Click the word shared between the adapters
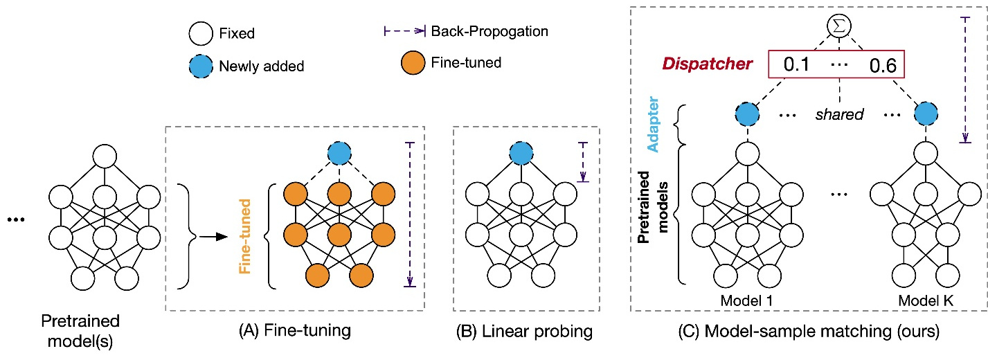(839, 115)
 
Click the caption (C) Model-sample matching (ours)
(807, 332)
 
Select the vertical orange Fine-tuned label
(244, 236)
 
